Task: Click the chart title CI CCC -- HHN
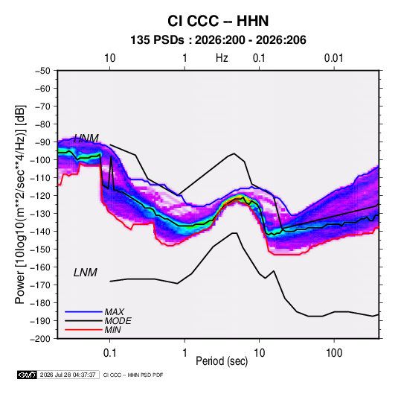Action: pyautogui.click(x=218, y=21)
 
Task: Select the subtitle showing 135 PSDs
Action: pyautogui.click(x=218, y=40)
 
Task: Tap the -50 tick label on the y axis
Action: pyautogui.click(x=43, y=71)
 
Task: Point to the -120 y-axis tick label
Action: pyautogui.click(x=41, y=196)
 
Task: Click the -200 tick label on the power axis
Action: pyautogui.click(x=41, y=339)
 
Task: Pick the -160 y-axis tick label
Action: pyautogui.click(x=41, y=267)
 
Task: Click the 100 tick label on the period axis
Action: pyautogui.click(x=334, y=353)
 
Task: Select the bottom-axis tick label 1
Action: pyautogui.click(x=184, y=353)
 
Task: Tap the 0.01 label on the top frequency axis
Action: pyautogui.click(x=334, y=58)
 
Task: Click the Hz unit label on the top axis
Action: pyautogui.click(x=222, y=58)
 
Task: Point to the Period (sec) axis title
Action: pyautogui.click(x=222, y=361)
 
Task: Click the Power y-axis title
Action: pyautogui.click(x=20, y=205)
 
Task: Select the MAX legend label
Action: pyautogui.click(x=115, y=312)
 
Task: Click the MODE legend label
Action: pyautogui.click(x=118, y=321)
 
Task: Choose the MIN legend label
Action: pyautogui.click(x=112, y=330)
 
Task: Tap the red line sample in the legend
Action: pyautogui.click(x=83, y=330)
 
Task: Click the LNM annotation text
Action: pyautogui.click(x=86, y=273)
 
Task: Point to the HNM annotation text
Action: pyautogui.click(x=86, y=139)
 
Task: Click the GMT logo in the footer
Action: pyautogui.click(x=27, y=375)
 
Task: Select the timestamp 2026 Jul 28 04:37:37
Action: pyautogui.click(x=68, y=375)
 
